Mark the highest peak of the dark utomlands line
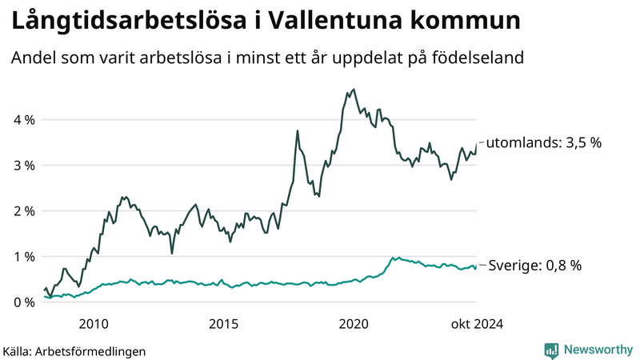(x=354, y=90)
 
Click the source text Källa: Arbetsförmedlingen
(x=74, y=350)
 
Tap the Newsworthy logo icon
(x=551, y=350)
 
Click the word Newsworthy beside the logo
(x=597, y=350)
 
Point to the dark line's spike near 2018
(x=298, y=130)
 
